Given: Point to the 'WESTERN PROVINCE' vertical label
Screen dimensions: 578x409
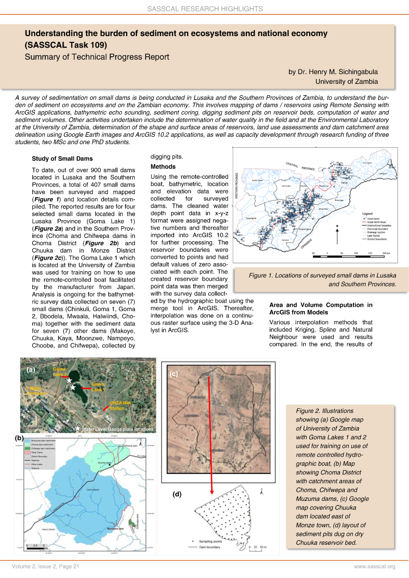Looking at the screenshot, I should click(x=237, y=185).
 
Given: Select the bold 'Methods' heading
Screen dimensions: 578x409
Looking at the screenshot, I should click(x=163, y=167).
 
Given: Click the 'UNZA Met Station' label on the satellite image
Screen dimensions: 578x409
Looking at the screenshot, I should click(x=120, y=406).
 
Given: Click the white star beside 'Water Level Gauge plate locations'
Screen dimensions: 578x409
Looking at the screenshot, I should click(x=77, y=428).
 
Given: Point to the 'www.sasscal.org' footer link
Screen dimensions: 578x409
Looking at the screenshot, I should click(x=374, y=566).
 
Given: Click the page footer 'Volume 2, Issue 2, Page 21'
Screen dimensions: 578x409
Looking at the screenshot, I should click(x=46, y=566).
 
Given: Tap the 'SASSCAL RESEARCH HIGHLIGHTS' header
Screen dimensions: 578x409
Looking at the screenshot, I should click(x=204, y=9).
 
